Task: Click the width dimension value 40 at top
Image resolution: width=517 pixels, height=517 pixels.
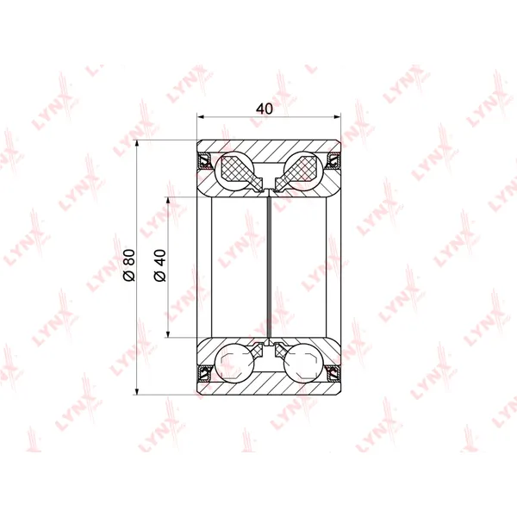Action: (265, 109)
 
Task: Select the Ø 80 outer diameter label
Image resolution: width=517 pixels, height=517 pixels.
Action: (129, 265)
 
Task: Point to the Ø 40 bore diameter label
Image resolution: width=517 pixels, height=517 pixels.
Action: (160, 265)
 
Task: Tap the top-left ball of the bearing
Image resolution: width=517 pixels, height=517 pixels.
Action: (234, 171)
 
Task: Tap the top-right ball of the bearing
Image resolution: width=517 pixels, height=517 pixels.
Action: (303, 171)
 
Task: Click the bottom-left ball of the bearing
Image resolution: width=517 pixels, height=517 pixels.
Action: (234, 363)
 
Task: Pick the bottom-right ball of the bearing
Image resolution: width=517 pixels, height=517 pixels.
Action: (303, 363)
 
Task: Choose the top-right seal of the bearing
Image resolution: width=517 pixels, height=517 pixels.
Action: (333, 160)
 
